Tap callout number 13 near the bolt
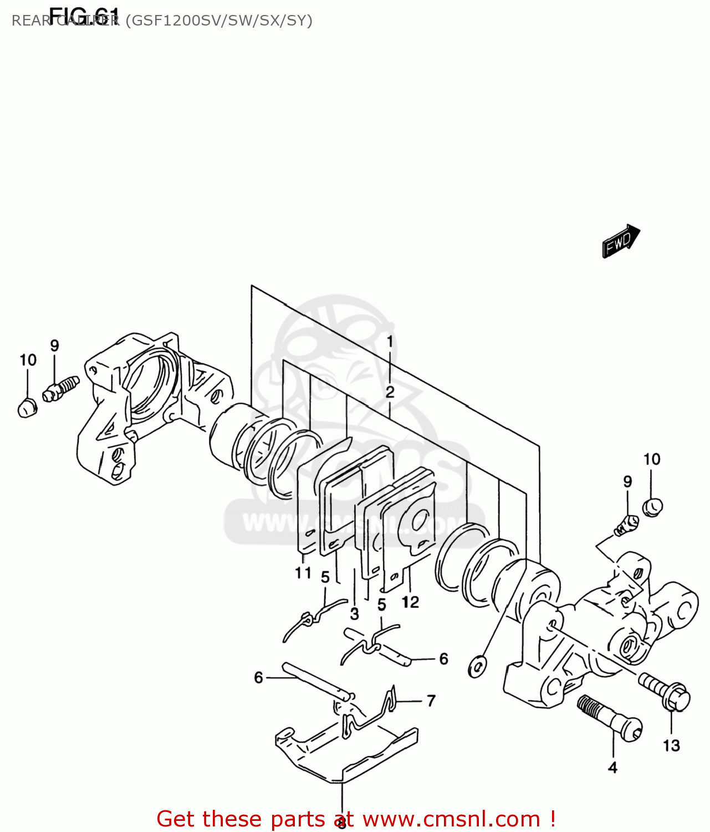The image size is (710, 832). tap(671, 745)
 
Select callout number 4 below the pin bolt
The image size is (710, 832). tap(612, 768)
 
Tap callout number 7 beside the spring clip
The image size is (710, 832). tap(431, 701)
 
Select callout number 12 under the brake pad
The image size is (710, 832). tap(410, 602)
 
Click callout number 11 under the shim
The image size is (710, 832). tap(303, 572)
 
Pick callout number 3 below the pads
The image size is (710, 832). tap(355, 614)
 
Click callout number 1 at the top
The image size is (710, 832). tap(390, 341)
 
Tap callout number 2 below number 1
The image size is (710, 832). tap(390, 392)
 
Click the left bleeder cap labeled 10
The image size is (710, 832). tap(26, 408)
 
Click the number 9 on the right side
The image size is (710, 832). tap(627, 481)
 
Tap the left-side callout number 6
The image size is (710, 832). tap(258, 678)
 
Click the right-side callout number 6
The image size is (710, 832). tap(443, 658)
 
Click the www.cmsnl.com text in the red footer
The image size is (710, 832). tap(451, 819)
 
